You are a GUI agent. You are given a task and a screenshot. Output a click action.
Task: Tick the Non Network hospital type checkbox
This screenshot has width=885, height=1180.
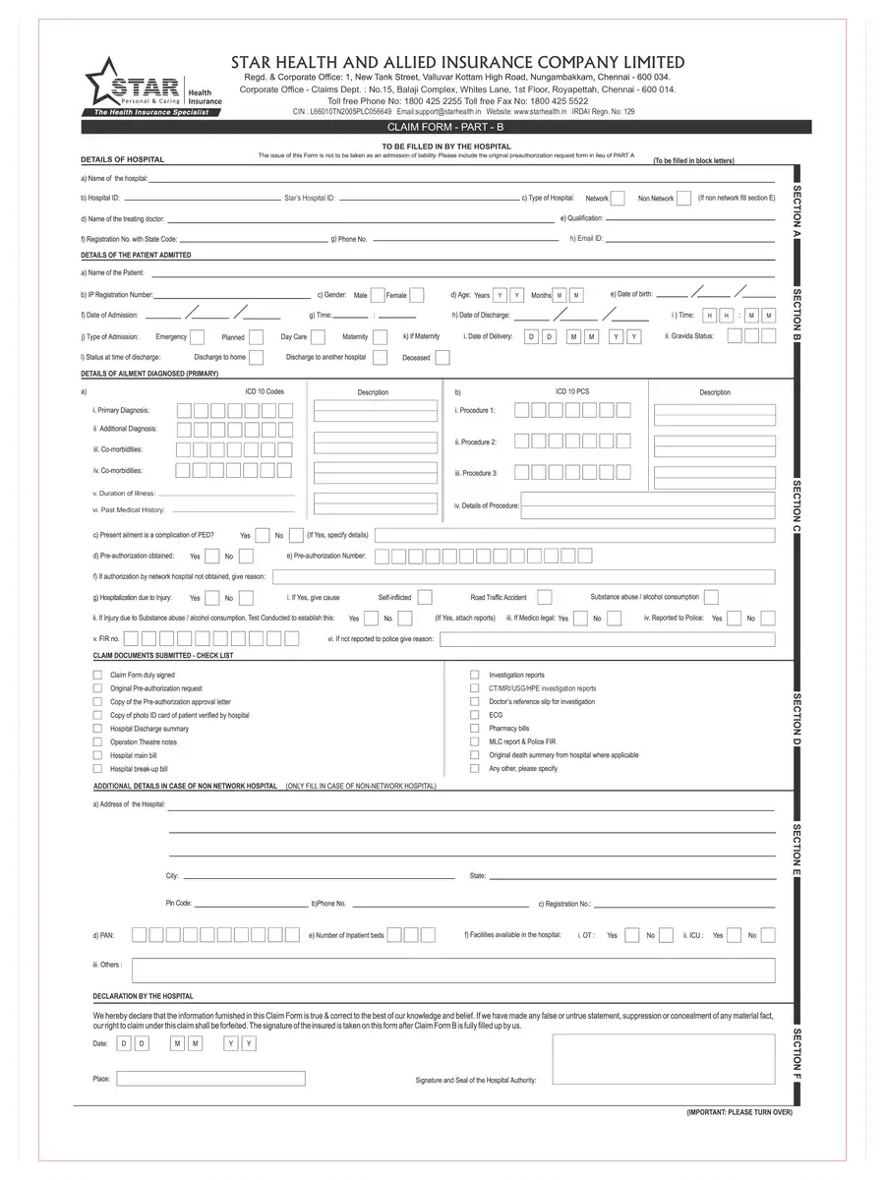point(683,199)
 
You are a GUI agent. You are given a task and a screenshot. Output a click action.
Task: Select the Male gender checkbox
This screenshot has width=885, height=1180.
point(377,295)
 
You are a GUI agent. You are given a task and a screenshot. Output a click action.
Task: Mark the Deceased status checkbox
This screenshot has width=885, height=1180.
point(442,358)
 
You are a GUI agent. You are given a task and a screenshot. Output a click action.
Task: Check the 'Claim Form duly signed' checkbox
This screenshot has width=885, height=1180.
point(97,676)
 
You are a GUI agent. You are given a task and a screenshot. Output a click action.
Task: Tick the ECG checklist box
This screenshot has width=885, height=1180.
point(475,715)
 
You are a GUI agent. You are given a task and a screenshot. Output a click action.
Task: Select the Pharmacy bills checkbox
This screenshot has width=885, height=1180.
point(475,729)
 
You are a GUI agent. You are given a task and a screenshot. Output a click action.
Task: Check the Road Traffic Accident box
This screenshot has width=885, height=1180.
point(544,597)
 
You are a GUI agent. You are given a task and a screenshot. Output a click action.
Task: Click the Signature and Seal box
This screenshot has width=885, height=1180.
point(663,1057)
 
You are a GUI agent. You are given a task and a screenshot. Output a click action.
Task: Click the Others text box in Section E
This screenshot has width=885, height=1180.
point(452,970)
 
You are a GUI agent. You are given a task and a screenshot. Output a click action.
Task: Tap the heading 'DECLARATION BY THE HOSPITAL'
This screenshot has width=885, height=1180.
point(143,996)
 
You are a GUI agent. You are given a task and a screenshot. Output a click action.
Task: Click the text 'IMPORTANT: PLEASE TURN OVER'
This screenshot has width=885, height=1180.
point(738,1112)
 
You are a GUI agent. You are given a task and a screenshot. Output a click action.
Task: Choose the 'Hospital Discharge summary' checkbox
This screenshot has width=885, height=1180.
point(97,729)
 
